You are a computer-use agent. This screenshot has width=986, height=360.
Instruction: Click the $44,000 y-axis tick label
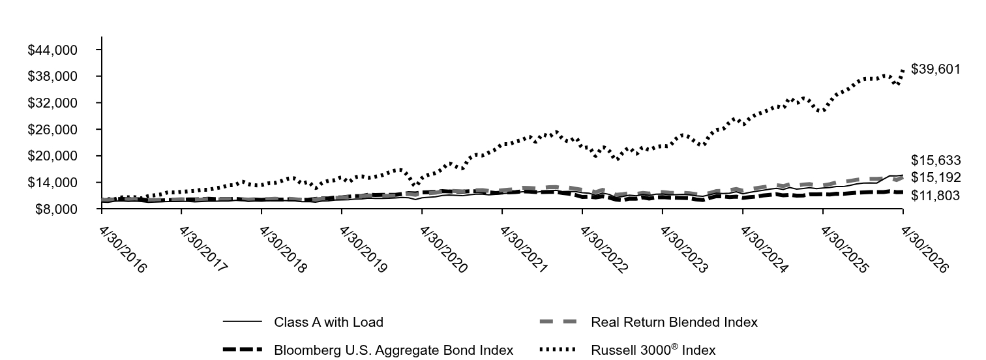(x=52, y=50)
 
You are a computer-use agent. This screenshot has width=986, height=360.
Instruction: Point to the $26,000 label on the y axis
(x=52, y=129)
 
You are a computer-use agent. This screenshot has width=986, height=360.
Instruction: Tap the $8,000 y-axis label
(x=56, y=209)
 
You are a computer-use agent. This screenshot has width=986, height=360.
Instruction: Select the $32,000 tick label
(x=52, y=103)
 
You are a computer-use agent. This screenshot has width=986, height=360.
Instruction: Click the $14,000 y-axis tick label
(x=52, y=183)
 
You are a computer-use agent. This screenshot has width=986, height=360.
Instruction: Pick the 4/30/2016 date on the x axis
(x=123, y=250)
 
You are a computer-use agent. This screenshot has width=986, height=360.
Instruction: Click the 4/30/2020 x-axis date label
(x=443, y=250)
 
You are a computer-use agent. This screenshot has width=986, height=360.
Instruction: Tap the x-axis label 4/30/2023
(x=683, y=250)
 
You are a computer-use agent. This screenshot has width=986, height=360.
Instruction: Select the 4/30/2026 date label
(x=923, y=250)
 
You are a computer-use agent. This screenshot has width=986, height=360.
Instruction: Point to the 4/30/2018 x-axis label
(x=282, y=250)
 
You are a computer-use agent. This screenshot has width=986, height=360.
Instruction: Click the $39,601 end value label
(x=935, y=69)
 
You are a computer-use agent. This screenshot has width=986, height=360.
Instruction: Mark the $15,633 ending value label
(x=935, y=160)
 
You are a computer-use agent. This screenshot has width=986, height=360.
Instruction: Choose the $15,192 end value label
(x=935, y=177)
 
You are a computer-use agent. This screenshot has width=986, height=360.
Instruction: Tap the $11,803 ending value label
(x=935, y=196)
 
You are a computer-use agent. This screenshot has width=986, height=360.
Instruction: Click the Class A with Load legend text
(x=329, y=322)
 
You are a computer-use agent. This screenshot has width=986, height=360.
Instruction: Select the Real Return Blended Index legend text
(x=674, y=322)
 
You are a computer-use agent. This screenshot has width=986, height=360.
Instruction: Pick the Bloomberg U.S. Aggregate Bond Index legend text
(x=393, y=350)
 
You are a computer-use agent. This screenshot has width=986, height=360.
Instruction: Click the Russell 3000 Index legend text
(x=653, y=350)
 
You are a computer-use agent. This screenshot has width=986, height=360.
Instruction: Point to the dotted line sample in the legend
(x=558, y=350)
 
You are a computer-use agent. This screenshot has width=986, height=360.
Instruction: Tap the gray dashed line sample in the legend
(x=558, y=322)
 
